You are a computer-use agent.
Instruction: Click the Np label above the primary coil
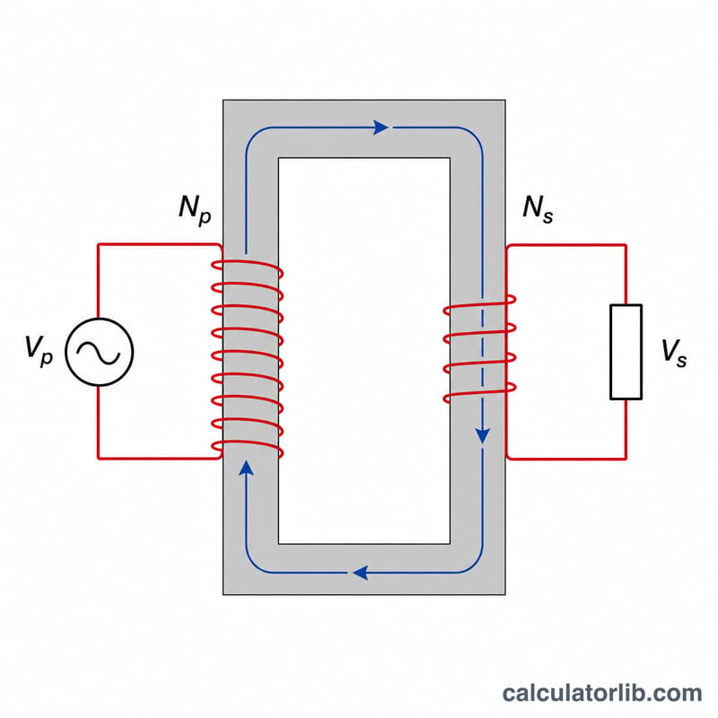click(x=195, y=210)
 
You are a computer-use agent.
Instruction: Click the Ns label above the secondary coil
click(x=538, y=209)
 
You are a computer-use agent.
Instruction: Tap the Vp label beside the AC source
click(x=39, y=350)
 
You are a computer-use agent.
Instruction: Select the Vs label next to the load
click(x=674, y=353)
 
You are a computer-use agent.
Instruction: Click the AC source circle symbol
click(x=99, y=352)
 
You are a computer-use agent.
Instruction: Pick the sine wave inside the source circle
click(x=99, y=353)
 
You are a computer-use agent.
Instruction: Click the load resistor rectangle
click(x=626, y=352)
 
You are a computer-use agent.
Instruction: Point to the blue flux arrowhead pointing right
click(x=381, y=127)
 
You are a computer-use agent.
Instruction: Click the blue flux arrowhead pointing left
click(x=361, y=573)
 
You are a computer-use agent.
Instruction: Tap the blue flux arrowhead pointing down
click(x=483, y=436)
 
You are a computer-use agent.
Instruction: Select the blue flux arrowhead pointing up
click(x=246, y=468)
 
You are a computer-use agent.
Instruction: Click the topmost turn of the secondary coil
click(x=479, y=304)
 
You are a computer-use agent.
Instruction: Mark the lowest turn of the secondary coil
click(x=479, y=392)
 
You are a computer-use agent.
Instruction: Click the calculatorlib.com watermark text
click(x=601, y=693)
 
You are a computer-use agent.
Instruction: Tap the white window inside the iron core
click(x=364, y=351)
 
